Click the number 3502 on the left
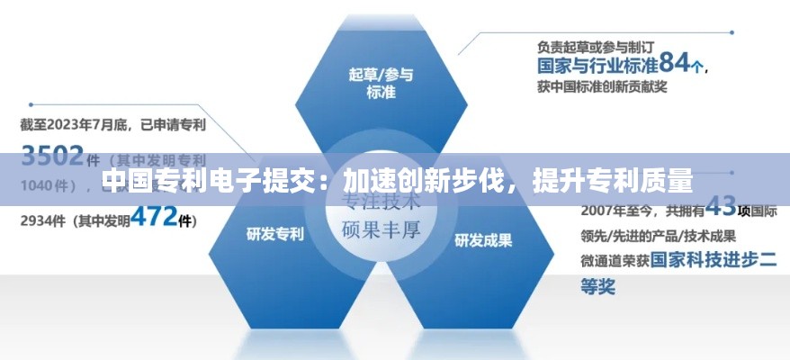point(52,155)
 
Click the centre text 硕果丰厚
point(382,229)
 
